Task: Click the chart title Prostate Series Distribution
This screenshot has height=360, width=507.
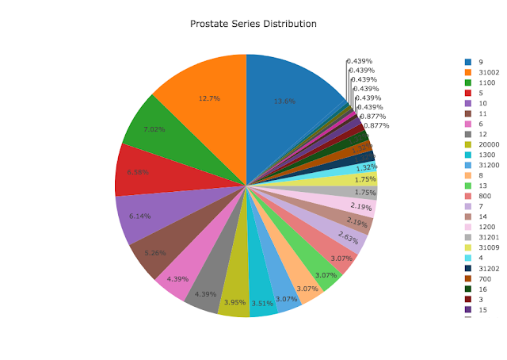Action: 253,24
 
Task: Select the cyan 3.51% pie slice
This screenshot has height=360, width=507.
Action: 262,298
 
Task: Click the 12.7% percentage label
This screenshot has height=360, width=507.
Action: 209,98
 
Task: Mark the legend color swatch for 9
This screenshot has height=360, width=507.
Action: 468,61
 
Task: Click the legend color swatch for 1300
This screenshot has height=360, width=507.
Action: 468,155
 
